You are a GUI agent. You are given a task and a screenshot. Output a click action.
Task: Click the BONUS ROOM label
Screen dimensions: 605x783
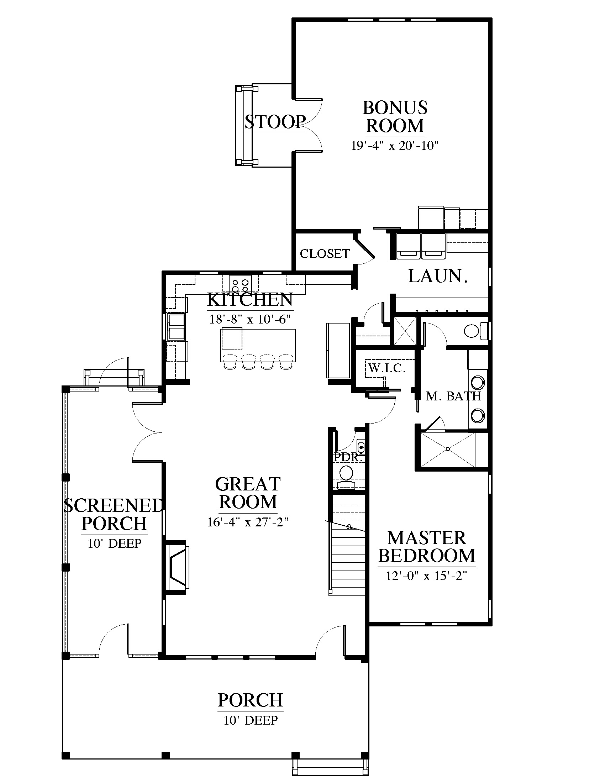(x=395, y=117)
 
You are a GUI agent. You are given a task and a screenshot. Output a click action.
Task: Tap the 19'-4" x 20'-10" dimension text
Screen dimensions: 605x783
(x=395, y=146)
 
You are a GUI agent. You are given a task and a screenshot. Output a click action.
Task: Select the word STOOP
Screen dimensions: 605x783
(x=275, y=122)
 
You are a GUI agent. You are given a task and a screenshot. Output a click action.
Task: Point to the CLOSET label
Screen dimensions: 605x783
(x=325, y=254)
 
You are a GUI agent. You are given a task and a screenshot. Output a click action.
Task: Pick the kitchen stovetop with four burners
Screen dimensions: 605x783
(x=240, y=284)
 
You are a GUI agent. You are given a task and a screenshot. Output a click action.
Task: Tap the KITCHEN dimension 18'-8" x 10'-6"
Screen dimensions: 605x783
(x=250, y=319)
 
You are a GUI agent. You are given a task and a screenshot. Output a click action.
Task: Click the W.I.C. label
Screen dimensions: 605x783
(x=387, y=368)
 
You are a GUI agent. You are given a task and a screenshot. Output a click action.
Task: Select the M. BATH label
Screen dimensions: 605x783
(x=453, y=396)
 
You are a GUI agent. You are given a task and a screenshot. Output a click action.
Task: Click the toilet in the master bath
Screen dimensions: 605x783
(x=476, y=331)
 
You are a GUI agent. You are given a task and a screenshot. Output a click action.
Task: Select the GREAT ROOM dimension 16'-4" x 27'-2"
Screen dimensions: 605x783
(x=248, y=522)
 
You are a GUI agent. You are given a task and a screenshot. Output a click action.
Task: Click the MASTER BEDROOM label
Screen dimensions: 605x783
(x=426, y=547)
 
